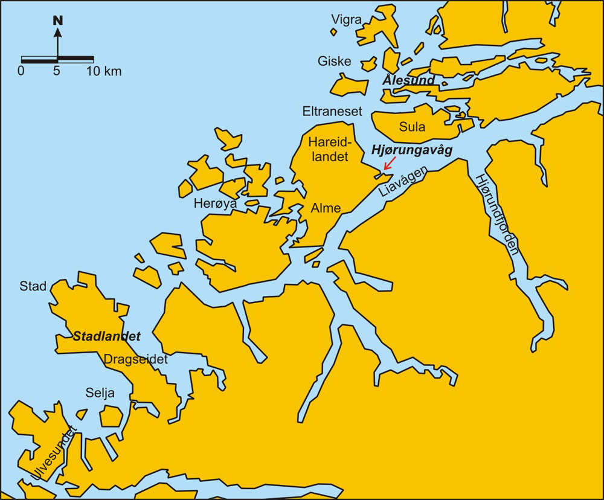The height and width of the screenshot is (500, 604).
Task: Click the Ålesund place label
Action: pyautogui.click(x=408, y=80)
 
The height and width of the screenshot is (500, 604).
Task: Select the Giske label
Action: pyautogui.click(x=334, y=61)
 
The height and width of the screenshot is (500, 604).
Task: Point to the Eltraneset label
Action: pyautogui.click(x=332, y=112)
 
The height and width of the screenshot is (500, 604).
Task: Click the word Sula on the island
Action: pyautogui.click(x=412, y=127)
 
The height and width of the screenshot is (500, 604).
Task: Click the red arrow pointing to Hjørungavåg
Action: pyautogui.click(x=390, y=164)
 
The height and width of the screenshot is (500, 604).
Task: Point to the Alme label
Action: pyautogui.click(x=326, y=208)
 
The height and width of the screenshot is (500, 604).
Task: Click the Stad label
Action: pyautogui.click(x=33, y=286)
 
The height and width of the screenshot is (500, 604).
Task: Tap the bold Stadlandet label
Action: pyautogui.click(x=106, y=336)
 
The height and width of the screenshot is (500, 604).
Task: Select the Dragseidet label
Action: pyautogui.click(x=135, y=359)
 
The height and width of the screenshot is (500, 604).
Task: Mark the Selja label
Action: pyautogui.click(x=100, y=394)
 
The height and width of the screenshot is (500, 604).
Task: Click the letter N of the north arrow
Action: pyautogui.click(x=58, y=20)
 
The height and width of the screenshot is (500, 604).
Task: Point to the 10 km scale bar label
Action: pyautogui.click(x=104, y=71)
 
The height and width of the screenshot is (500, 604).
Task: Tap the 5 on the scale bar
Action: pyautogui.click(x=57, y=71)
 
